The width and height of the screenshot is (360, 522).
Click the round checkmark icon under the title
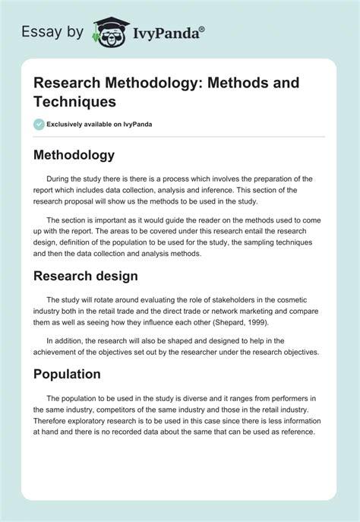(39, 124)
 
